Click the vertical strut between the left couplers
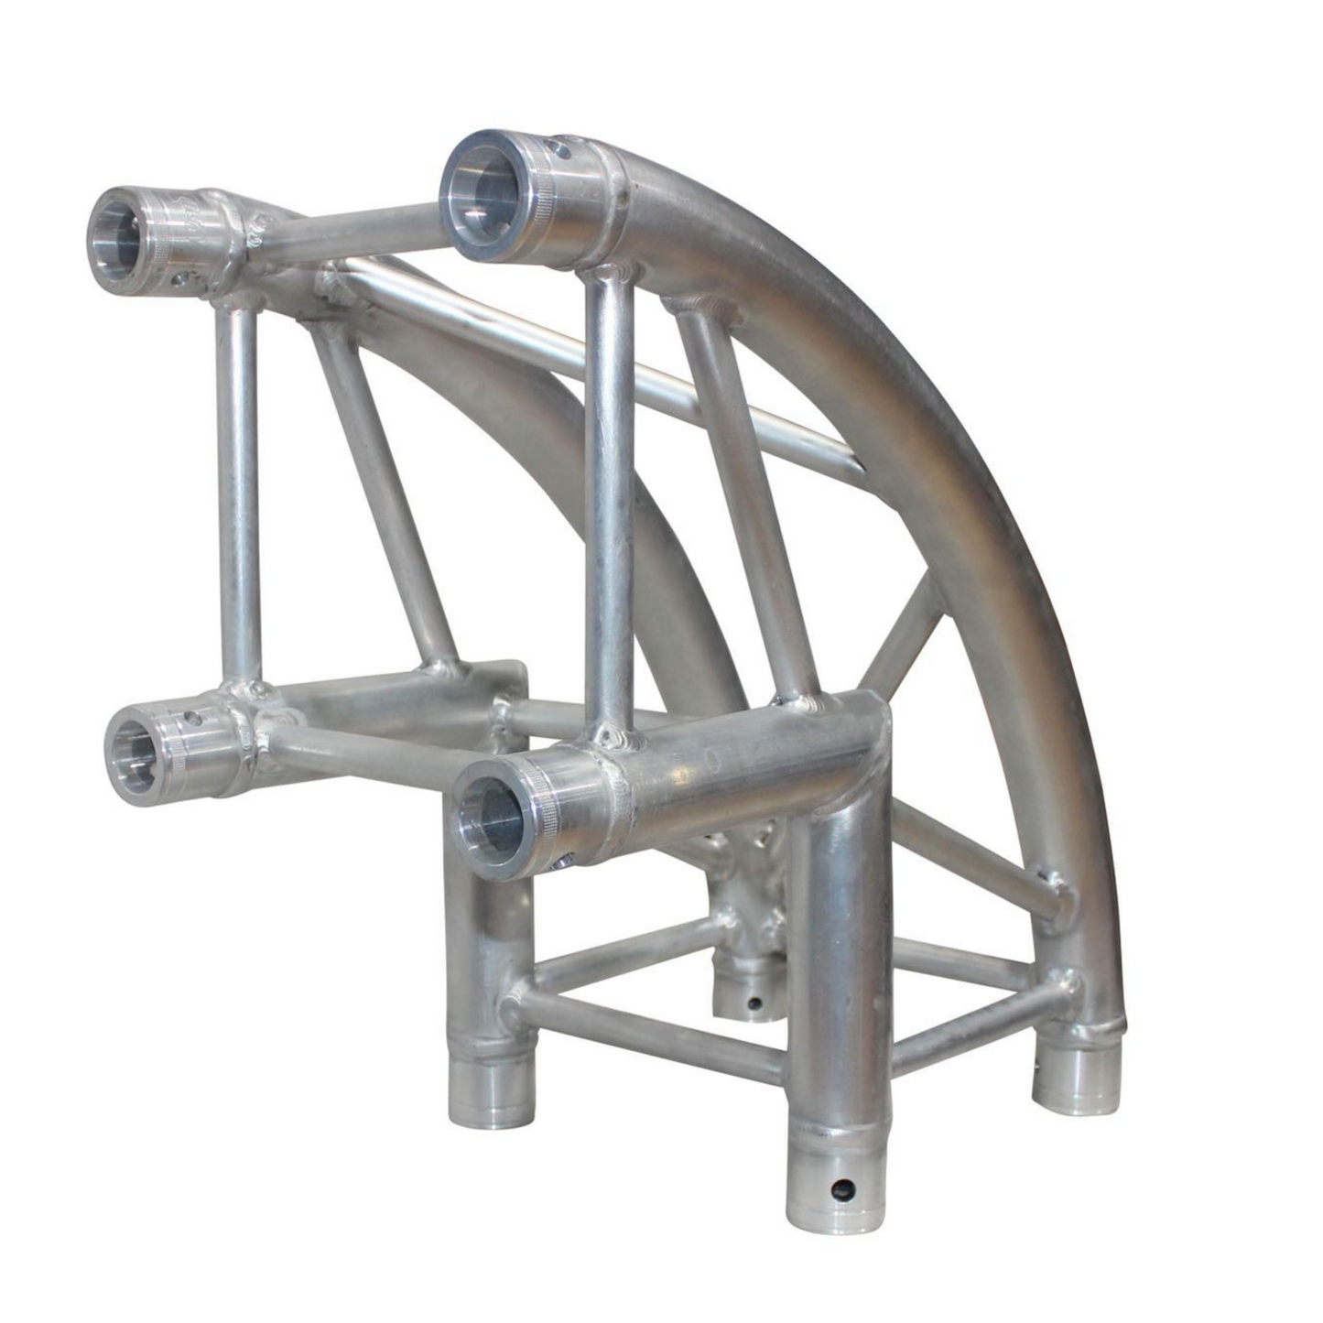tap(235, 494)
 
